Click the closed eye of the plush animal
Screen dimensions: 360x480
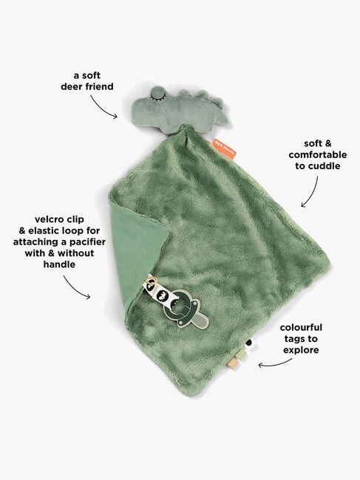pyautogui.click(x=157, y=97)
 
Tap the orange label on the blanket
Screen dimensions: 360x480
pyautogui.click(x=225, y=148)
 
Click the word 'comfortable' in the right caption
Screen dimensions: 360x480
pyautogui.click(x=318, y=155)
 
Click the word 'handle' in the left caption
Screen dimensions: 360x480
pyautogui.click(x=59, y=264)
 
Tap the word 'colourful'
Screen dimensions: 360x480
pyautogui.click(x=301, y=328)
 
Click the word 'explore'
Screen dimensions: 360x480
pyautogui.click(x=301, y=350)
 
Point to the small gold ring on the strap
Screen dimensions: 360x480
pyautogui.click(x=150, y=280)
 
